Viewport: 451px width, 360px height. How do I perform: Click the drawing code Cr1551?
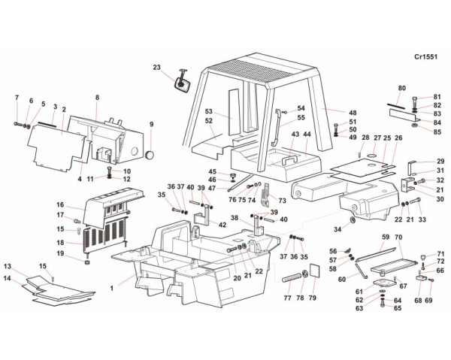point(426,56)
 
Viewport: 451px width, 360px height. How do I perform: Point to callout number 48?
point(353,113)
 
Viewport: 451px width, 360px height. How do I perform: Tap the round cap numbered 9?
point(150,154)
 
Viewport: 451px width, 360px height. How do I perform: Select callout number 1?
point(111,287)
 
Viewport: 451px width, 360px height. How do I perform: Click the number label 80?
point(402,89)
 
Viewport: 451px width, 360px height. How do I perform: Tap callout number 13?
point(8,267)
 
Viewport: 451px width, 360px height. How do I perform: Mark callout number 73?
point(282,201)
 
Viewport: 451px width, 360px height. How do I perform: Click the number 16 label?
point(60,204)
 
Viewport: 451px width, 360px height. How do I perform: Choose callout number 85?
point(437,132)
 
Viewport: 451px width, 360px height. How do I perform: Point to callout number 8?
point(97,98)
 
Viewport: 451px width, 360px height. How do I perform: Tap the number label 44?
point(306,135)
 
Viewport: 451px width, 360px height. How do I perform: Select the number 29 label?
point(440,161)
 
